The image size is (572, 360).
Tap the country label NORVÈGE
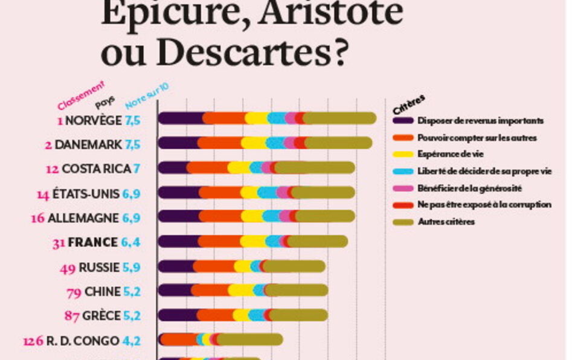click(93, 120)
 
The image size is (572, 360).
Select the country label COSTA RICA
click(96, 169)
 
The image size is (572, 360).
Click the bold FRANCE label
click(93, 242)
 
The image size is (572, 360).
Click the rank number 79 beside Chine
click(74, 292)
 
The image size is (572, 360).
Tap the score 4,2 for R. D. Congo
click(132, 340)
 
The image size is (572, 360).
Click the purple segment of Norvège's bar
click(181, 118)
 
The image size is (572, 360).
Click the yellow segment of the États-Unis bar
click(249, 193)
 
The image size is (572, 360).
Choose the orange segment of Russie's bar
click(214, 266)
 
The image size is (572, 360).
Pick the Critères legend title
click(409, 104)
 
